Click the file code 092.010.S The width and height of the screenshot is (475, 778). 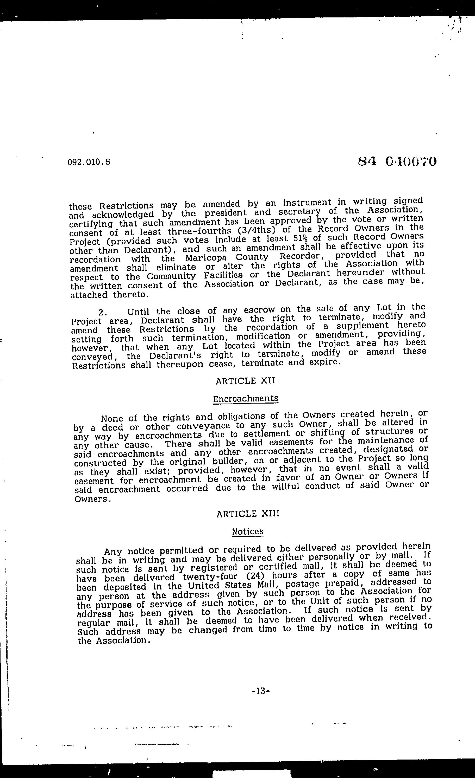[x=89, y=162]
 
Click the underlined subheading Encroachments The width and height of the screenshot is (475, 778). [x=245, y=399]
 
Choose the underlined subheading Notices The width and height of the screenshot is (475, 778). [x=248, y=531]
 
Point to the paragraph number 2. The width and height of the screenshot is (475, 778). [x=102, y=312]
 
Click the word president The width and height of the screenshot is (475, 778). [x=225, y=213]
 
